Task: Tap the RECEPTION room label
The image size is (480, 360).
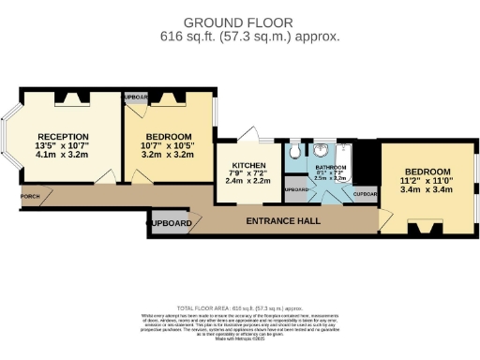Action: tap(63, 136)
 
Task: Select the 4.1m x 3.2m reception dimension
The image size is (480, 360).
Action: tap(63, 155)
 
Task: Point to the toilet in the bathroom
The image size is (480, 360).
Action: tap(294, 150)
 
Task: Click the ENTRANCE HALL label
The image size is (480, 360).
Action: tap(282, 221)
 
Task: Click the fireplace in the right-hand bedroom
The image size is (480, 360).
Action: tap(427, 226)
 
